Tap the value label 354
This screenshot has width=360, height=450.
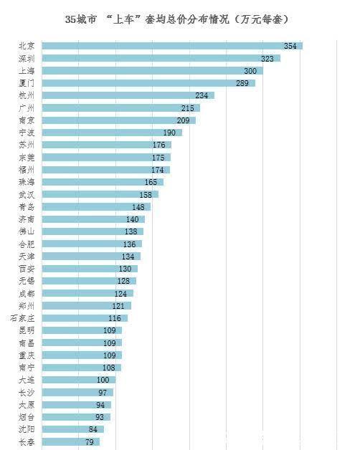point(290,46)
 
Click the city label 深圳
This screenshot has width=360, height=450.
point(27,58)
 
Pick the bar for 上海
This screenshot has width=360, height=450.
point(143,71)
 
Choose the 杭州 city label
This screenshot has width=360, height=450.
point(27,95)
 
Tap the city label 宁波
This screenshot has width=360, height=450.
point(27,133)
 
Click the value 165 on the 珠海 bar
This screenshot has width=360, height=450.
point(151,182)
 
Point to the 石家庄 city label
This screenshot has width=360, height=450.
point(23,318)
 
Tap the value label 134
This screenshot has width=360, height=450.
point(128,256)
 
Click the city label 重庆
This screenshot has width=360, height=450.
point(27,355)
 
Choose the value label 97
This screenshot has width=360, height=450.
point(103,392)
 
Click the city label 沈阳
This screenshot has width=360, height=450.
point(27,429)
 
